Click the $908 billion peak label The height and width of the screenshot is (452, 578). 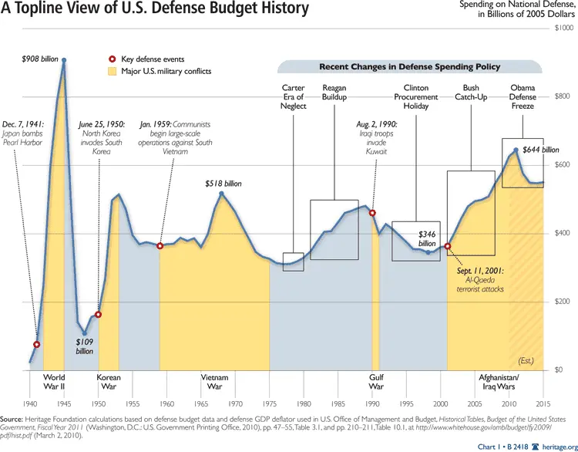pyautogui.click(x=39, y=58)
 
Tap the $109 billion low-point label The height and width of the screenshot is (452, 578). pyautogui.click(x=85, y=345)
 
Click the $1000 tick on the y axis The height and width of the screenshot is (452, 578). pyautogui.click(x=564, y=28)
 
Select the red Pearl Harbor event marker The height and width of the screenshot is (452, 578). pyautogui.click(x=37, y=344)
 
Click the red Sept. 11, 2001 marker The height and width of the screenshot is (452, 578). pyautogui.click(x=448, y=247)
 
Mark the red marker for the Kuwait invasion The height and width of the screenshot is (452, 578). pyautogui.click(x=372, y=213)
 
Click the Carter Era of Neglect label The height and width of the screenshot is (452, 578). pyautogui.click(x=294, y=96)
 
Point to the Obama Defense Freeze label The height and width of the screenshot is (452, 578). pyautogui.click(x=523, y=96)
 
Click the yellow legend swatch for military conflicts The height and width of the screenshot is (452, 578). pyautogui.click(x=113, y=72)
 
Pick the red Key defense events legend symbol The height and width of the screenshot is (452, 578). pyautogui.click(x=113, y=59)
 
